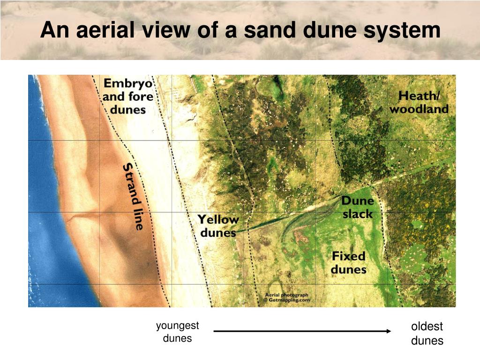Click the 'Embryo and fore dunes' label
point(128,97)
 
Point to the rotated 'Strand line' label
point(133,196)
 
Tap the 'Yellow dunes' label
point(218,225)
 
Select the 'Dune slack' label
point(358,208)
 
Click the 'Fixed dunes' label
point(348,262)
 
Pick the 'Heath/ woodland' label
point(419,103)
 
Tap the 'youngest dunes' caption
point(178,332)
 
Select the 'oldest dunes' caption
point(427,334)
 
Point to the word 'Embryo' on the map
point(128,84)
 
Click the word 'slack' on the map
point(358,214)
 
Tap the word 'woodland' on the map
point(419,110)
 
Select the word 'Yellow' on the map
point(218,219)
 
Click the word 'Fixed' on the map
point(348,256)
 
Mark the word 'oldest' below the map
point(427,327)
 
